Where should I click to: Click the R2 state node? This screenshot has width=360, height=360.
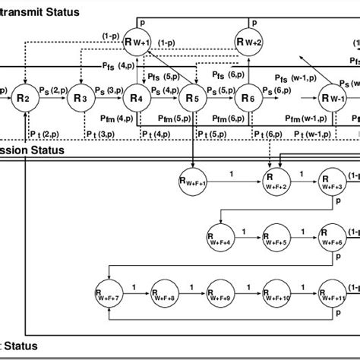click(26, 98)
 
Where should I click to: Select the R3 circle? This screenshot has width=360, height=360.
click(81, 98)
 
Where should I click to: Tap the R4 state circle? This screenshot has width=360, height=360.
click(137, 98)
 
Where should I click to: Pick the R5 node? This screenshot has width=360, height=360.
click(192, 98)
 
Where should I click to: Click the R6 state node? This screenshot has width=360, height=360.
click(248, 98)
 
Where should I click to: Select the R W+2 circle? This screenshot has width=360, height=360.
click(248, 43)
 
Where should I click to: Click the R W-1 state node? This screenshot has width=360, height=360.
click(331, 98)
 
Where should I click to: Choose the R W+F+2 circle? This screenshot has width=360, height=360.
click(276, 181)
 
